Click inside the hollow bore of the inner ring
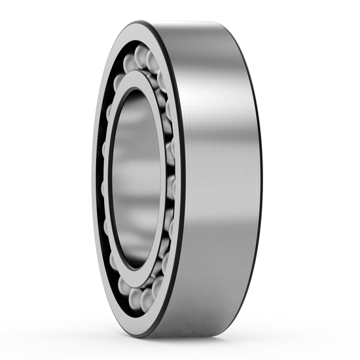134,180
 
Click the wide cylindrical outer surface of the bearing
216,196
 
